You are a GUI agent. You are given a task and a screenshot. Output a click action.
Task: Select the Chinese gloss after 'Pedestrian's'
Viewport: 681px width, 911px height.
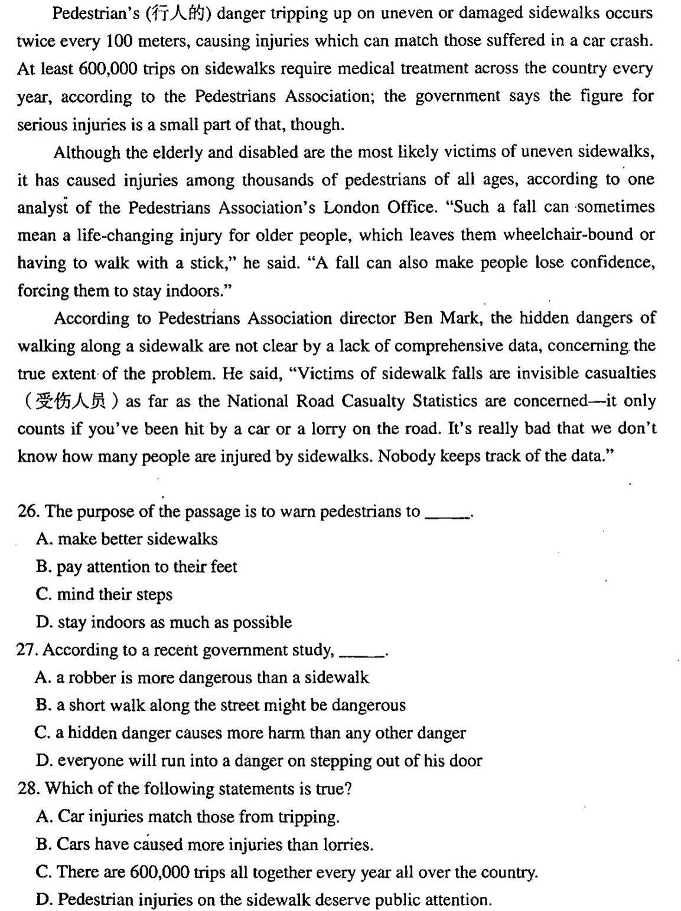pos(177,13)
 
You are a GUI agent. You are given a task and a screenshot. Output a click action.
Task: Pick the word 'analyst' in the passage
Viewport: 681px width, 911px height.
pos(44,208)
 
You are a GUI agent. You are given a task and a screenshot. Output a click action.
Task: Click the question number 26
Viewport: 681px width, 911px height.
pos(28,512)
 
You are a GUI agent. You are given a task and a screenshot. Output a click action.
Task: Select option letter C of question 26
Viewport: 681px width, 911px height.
pos(43,595)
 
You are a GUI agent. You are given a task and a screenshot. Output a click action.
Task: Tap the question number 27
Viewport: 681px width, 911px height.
pos(28,650)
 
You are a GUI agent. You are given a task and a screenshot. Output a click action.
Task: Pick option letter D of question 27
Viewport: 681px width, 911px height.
pos(43,761)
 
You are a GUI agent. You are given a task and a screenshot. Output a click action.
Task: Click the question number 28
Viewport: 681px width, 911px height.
pos(28,789)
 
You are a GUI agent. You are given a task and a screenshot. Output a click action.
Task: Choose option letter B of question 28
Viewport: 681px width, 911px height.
pos(43,845)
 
